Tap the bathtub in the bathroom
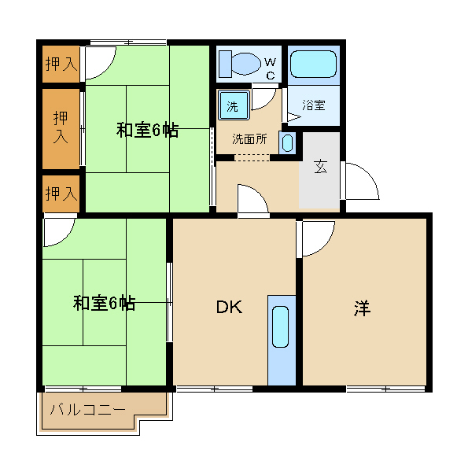[x=313, y=65]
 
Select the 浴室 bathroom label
[x=314, y=105]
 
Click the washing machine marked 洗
[x=234, y=105]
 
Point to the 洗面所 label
[x=249, y=139]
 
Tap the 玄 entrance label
[x=321, y=167]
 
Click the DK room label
[x=230, y=308]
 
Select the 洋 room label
[x=361, y=308]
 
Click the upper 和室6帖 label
[x=147, y=131]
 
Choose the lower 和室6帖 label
[x=104, y=303]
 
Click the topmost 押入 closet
[x=61, y=65]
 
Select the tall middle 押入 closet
[x=61, y=127]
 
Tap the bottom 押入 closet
[x=61, y=193]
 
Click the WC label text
[x=270, y=68]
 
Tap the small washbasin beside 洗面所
[x=287, y=143]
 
